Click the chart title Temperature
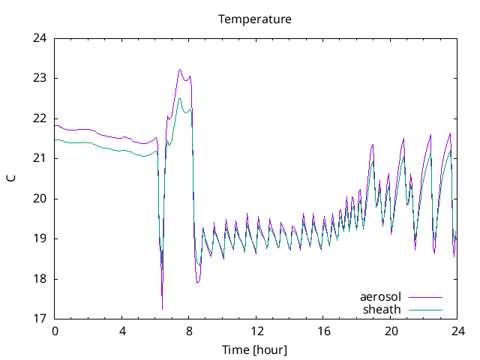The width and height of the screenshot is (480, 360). tap(255, 19)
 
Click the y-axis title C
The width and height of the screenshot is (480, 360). tap(10, 178)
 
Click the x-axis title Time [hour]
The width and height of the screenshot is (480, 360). tap(255, 349)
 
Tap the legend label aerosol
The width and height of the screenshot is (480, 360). tap(381, 297)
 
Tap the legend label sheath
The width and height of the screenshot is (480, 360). tap(382, 309)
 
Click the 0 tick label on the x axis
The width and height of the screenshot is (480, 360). tap(55, 331)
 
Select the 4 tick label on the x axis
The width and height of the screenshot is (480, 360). tap(122, 331)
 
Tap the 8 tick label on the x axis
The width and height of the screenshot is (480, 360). tap(189, 331)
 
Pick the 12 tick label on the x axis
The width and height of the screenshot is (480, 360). tap(256, 331)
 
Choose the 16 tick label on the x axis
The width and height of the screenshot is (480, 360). tap(323, 331)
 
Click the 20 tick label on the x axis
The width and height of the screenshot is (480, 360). tap(391, 331)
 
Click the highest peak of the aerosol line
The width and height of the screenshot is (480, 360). tap(180, 70)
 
